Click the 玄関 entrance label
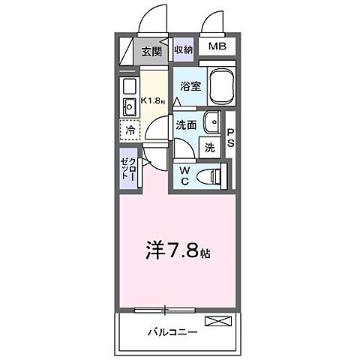(x=151, y=52)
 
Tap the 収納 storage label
(x=183, y=50)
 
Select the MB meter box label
(x=217, y=47)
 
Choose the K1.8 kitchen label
(x=154, y=101)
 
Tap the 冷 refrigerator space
(x=130, y=129)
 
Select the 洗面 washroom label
(x=186, y=124)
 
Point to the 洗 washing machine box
(x=211, y=147)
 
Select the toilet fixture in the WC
(x=217, y=177)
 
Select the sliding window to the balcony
(x=164, y=309)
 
